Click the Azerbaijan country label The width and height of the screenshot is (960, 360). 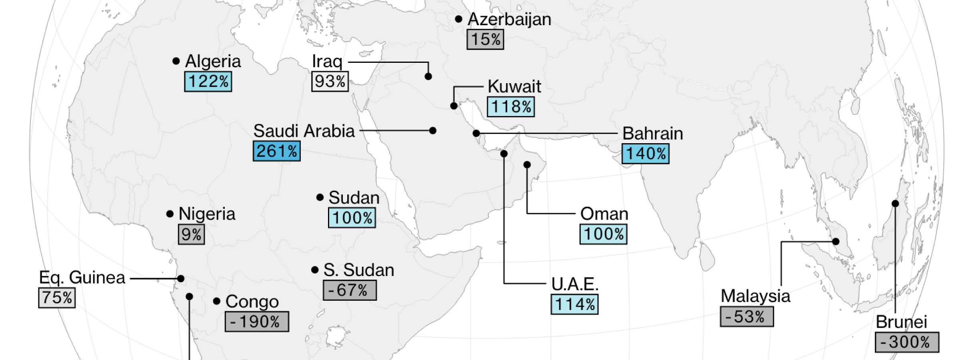tap(509, 19)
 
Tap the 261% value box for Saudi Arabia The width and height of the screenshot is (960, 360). tap(276, 151)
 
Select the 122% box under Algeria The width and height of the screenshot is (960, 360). tap(208, 82)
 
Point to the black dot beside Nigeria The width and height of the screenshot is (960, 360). tap(170, 214)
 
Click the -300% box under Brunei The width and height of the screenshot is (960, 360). tap(906, 342)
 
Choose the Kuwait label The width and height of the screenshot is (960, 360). tap(514, 86)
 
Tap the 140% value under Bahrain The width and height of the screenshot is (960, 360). tap(645, 154)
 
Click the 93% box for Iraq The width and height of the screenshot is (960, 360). tap(330, 81)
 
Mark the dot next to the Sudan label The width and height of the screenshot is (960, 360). tap(320, 197)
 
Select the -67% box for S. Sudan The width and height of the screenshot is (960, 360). tap(350, 290)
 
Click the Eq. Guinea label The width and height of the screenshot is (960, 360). tap(82, 278)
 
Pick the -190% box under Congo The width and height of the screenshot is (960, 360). tap(256, 322)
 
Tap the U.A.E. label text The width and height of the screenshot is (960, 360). tap(574, 284)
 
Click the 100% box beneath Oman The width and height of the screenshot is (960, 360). tap(603, 234)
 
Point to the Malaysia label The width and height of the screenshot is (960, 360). tap(755, 296)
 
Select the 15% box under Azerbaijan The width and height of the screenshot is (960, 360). tap(485, 39)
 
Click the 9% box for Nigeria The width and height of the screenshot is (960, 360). tap(191, 234)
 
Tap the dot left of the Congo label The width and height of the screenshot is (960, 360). tap(217, 301)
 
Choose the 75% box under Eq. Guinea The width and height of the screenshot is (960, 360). tap(57, 298)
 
